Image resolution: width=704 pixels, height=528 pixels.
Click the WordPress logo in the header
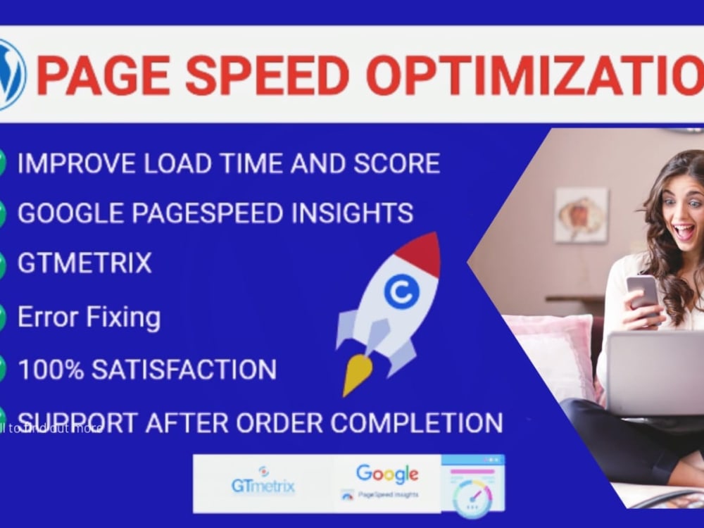coord(10,75)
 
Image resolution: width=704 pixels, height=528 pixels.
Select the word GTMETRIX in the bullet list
coord(84,263)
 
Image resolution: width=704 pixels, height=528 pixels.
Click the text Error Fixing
coord(89,318)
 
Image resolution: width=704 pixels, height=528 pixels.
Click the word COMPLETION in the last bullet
coord(416,422)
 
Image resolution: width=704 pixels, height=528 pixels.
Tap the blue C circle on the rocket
coord(401,291)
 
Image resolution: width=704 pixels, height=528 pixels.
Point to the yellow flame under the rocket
coord(358,373)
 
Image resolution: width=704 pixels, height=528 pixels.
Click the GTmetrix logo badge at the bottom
coord(263,483)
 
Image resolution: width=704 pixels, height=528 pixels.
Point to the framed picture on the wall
coord(581,215)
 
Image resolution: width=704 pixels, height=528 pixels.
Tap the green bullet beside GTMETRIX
coord(3,265)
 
